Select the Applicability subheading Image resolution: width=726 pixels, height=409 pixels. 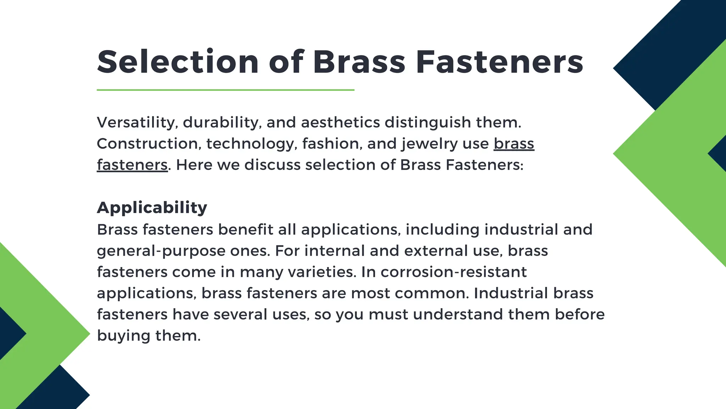click(152, 207)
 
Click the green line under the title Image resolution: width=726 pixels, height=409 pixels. click(225, 90)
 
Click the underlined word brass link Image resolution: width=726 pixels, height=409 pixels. click(514, 144)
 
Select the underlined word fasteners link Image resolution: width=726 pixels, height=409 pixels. click(132, 165)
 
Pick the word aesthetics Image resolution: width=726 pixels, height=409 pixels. click(340, 122)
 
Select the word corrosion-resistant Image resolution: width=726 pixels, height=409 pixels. click(454, 272)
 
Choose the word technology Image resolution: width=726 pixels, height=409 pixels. click(251, 144)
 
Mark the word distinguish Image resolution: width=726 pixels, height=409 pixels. click(428, 122)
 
